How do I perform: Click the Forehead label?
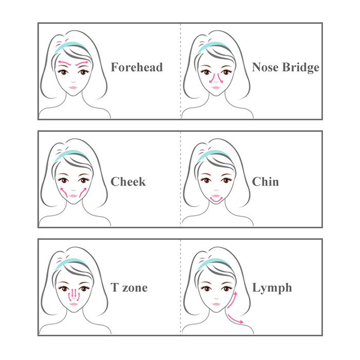click(x=137, y=67)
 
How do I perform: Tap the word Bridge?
click(x=301, y=67)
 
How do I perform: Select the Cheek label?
click(x=128, y=182)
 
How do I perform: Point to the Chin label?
click(x=265, y=182)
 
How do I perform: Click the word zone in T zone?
click(x=135, y=289)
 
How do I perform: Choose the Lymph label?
click(x=272, y=289)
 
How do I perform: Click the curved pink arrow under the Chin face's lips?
click(x=217, y=201)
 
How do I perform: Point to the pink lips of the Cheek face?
click(x=73, y=196)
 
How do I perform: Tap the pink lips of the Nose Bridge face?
click(x=216, y=88)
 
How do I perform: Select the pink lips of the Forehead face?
click(x=73, y=88)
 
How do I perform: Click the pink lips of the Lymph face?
click(x=217, y=304)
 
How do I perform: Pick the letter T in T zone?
click(x=115, y=287)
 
